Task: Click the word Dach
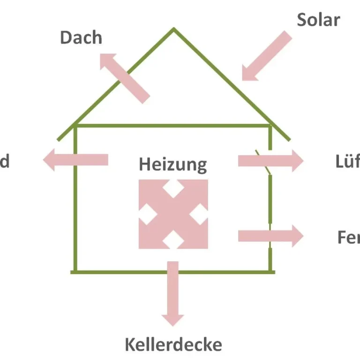(x=81, y=37)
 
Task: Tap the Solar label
(x=318, y=20)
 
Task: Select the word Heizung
(x=172, y=165)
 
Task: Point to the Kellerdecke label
(x=173, y=345)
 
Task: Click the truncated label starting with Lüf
(x=347, y=161)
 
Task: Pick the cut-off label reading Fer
(x=348, y=238)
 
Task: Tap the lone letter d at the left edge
(x=4, y=161)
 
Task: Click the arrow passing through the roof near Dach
(x=124, y=78)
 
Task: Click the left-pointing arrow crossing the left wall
(x=75, y=160)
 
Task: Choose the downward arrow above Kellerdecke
(x=172, y=293)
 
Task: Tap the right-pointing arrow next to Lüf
(x=270, y=161)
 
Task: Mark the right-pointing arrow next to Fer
(x=270, y=236)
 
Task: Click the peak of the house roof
(x=173, y=30)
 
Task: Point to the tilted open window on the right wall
(x=264, y=162)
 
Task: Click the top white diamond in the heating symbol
(x=173, y=188)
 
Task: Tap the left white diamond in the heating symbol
(x=148, y=214)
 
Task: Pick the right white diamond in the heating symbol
(x=199, y=214)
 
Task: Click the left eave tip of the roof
(x=59, y=139)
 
